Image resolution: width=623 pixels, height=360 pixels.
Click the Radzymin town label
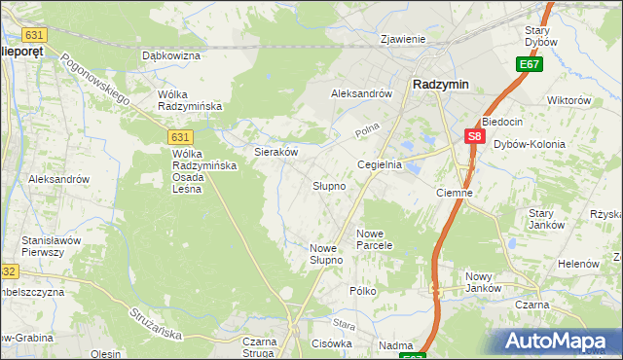[x=440, y=85]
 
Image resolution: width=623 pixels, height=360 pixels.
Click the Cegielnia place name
[x=380, y=165]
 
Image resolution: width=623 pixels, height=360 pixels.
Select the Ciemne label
[x=454, y=193]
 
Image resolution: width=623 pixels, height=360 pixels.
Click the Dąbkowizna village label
[x=170, y=56]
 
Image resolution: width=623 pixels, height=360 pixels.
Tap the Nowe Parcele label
[x=374, y=239]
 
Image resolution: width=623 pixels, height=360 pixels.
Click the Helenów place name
[x=577, y=264]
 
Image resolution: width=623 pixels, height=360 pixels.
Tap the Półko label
[x=362, y=291]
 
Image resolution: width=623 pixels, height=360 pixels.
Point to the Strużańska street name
[x=155, y=322]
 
